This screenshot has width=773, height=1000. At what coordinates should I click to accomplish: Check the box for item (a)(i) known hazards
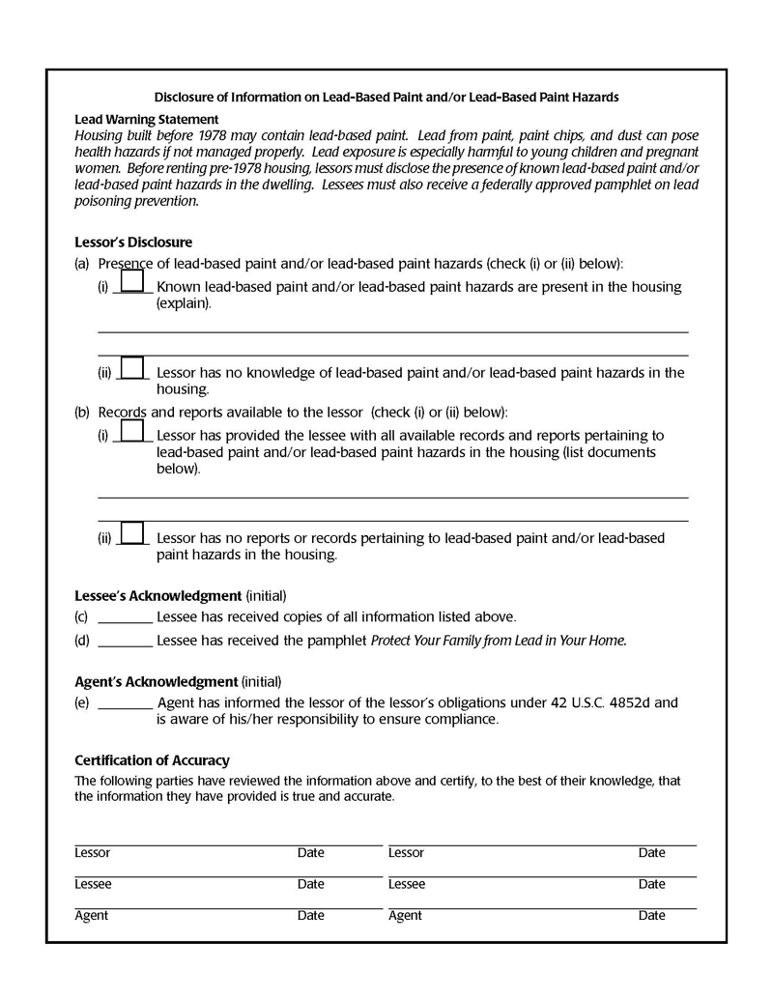tap(132, 281)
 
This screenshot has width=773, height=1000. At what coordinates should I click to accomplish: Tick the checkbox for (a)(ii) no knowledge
tap(132, 367)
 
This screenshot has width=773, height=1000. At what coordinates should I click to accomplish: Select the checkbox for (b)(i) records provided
tap(132, 430)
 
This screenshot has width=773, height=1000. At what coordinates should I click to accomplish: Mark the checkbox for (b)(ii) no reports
tap(132, 533)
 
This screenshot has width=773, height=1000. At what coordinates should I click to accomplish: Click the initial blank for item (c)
tap(126, 617)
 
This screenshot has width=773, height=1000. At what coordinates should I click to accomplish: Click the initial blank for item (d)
tap(126, 641)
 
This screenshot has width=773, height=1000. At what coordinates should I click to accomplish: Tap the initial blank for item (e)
tap(126, 703)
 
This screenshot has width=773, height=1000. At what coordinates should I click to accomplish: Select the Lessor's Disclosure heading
tap(133, 243)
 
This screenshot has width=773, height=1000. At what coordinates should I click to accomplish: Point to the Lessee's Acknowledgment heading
tap(157, 595)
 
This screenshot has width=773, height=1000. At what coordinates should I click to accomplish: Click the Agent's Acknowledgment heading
tap(156, 681)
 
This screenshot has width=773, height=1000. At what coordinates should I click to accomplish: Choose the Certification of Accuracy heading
tap(152, 760)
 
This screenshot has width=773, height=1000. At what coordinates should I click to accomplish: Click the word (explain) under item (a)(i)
tap(183, 302)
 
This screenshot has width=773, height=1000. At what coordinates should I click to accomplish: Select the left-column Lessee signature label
tap(93, 884)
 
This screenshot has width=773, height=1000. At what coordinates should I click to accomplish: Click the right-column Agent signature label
tap(405, 915)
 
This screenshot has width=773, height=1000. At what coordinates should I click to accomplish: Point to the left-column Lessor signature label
tap(93, 853)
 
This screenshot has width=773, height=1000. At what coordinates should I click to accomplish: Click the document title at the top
tap(386, 98)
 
